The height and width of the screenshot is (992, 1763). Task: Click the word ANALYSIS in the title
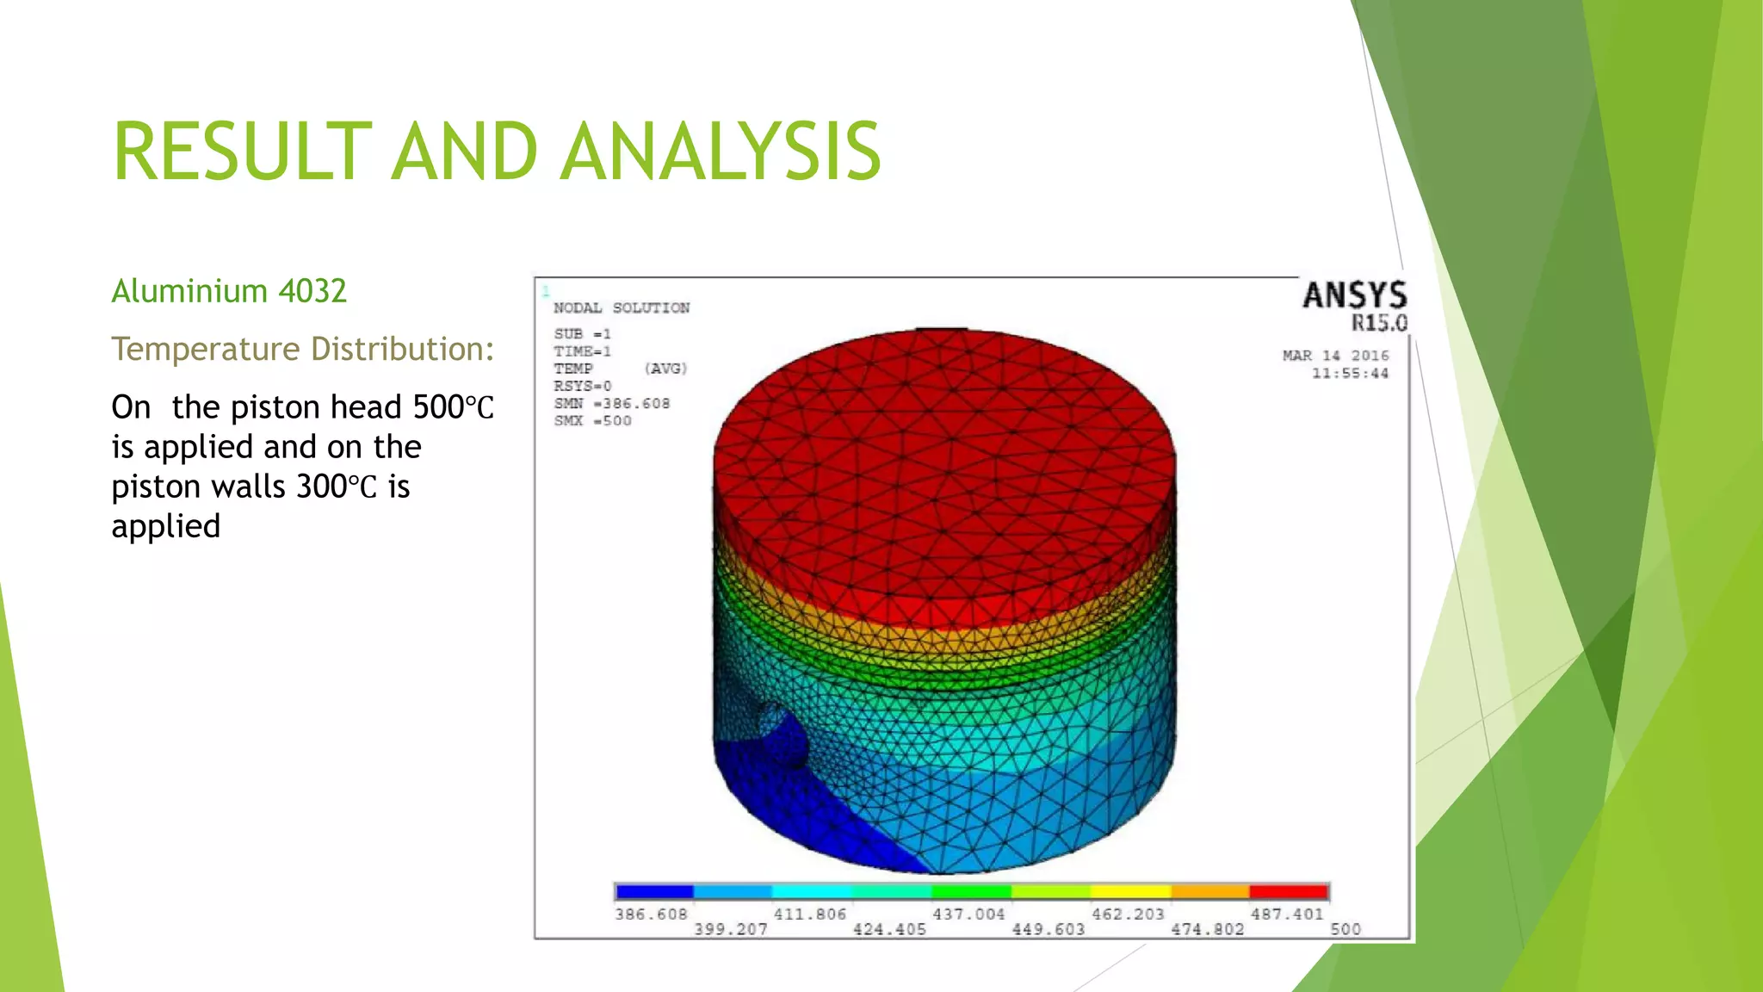[721, 152]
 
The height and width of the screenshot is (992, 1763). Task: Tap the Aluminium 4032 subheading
[229, 291]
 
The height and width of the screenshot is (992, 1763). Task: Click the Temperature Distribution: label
[303, 349]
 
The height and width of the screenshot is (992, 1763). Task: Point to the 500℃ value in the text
[453, 407]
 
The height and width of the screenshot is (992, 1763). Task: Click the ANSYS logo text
[1354, 295]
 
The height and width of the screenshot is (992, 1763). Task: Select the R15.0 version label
[1378, 323]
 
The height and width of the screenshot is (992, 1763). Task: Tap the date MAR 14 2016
[1335, 356]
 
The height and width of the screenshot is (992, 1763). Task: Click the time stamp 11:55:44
[1350, 373]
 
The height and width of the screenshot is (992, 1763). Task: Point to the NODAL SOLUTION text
[621, 308]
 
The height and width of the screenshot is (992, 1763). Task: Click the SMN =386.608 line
[611, 403]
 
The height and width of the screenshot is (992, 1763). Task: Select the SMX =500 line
[592, 421]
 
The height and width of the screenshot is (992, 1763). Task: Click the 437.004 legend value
[968, 914]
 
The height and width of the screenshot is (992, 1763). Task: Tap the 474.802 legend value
[1207, 930]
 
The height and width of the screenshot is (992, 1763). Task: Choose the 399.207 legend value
[730, 930]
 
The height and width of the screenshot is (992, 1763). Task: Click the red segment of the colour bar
[1289, 891]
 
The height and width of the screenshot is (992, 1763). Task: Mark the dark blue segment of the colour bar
[654, 891]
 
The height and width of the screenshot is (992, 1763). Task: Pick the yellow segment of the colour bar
[1130, 891]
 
